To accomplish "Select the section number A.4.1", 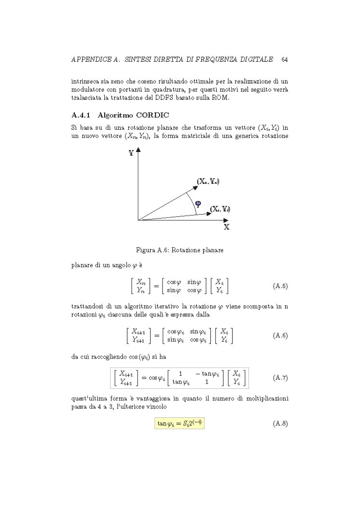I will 81,115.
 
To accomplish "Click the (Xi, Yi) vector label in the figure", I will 220,209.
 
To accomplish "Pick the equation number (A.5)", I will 280,286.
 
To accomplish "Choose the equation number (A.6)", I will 280,335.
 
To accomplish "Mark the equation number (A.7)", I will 280,377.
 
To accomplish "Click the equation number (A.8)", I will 280,423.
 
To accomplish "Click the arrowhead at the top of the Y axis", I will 138,151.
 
